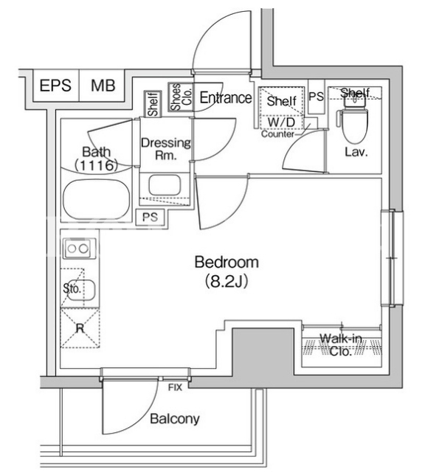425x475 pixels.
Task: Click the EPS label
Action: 55,86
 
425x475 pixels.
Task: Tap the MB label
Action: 103,86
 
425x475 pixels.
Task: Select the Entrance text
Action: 226,98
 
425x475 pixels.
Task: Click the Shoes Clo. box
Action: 181,97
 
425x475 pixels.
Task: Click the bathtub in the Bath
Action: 97,199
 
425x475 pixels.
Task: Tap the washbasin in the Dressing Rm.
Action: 165,185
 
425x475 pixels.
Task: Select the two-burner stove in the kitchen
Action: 79,248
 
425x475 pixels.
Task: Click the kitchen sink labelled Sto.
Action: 81,290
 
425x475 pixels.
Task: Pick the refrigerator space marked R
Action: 80,327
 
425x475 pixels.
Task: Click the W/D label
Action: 282,122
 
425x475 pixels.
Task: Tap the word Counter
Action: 277,134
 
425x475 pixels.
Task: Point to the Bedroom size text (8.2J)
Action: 227,281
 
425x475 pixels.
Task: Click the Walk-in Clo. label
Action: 341,344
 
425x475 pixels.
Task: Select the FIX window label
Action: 175,387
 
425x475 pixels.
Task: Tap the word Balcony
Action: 175,419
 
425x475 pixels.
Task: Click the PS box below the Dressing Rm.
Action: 151,217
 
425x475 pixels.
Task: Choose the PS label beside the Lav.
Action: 317,97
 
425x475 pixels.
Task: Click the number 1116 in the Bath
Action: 96,165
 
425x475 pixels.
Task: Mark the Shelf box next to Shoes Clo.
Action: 153,104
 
